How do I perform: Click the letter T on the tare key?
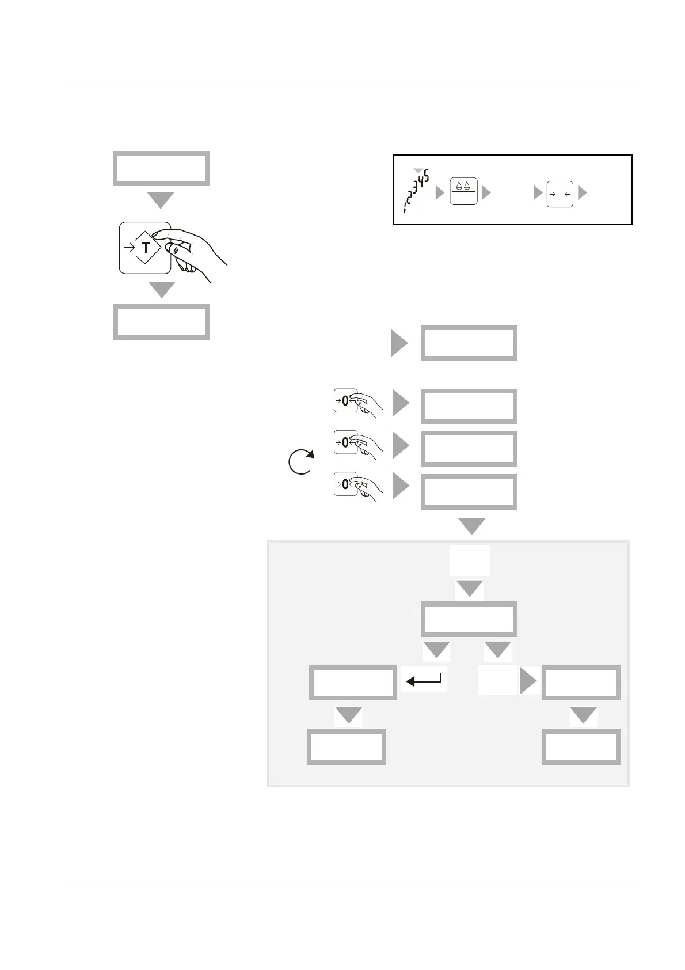(x=146, y=248)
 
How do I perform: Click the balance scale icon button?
(x=463, y=192)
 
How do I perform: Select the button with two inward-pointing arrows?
(x=560, y=194)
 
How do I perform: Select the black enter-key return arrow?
(x=424, y=681)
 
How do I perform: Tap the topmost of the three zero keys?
(x=345, y=400)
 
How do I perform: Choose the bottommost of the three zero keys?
(x=345, y=484)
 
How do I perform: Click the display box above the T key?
(x=161, y=168)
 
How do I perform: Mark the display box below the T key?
(x=161, y=322)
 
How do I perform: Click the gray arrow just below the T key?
(x=162, y=289)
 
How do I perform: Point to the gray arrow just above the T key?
(x=161, y=200)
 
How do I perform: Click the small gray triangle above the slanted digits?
(x=419, y=171)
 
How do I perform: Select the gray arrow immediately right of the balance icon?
(x=486, y=193)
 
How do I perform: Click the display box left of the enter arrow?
(x=352, y=683)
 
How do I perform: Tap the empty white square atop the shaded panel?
(x=470, y=560)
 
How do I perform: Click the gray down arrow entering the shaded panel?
(x=471, y=526)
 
